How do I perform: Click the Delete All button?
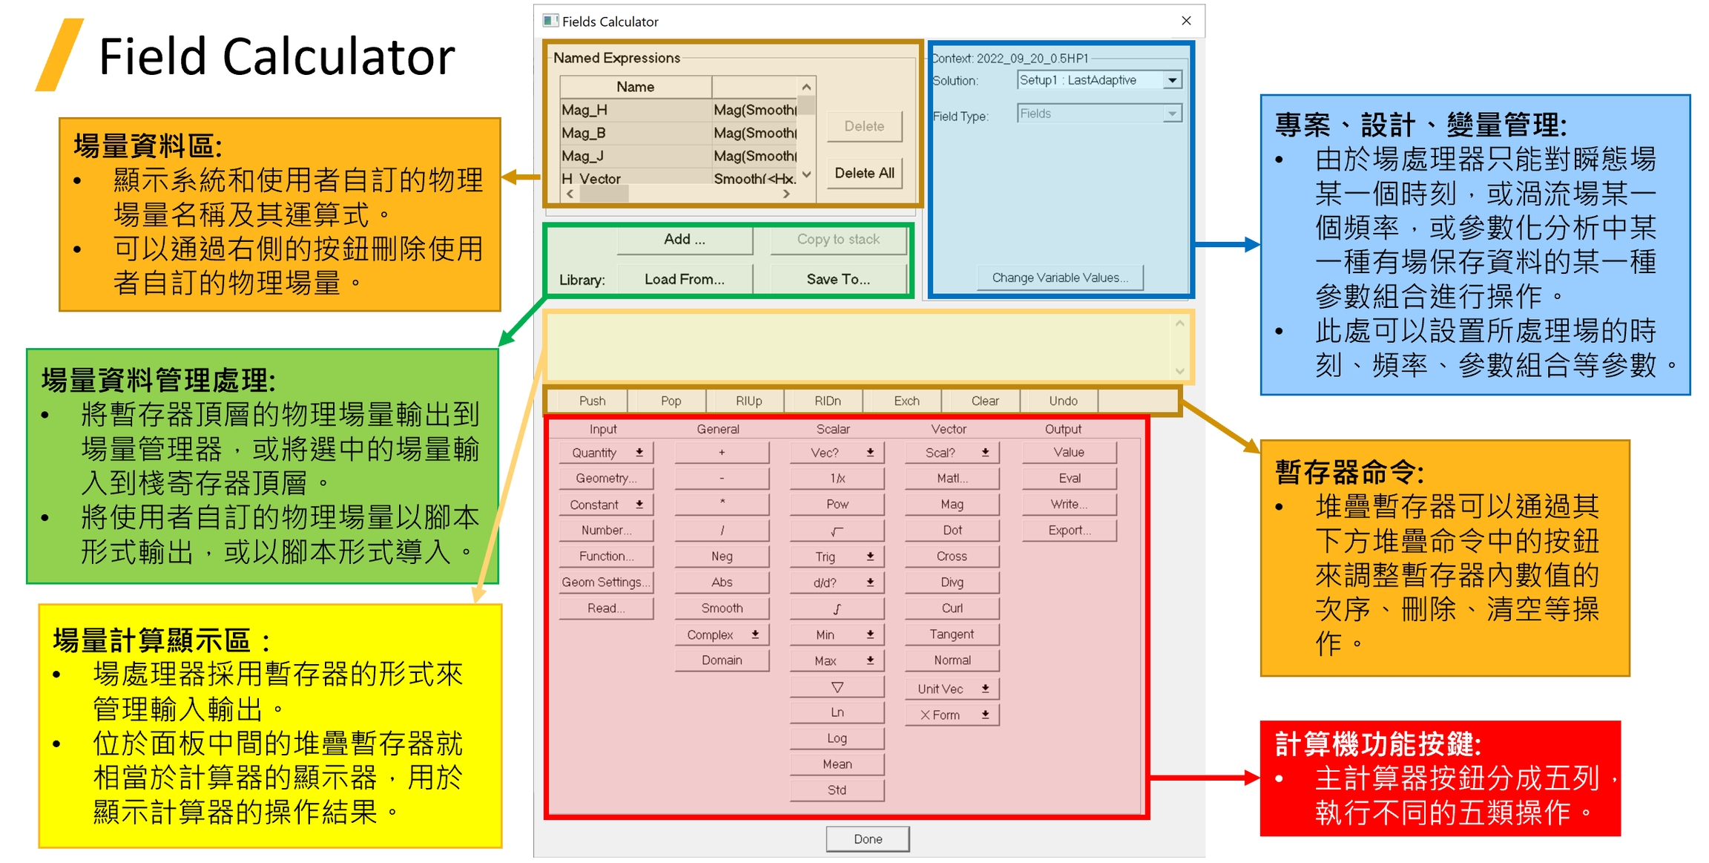pyautogui.click(x=864, y=173)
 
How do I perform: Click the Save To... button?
pyautogui.click(x=837, y=279)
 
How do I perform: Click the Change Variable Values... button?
pyautogui.click(x=1059, y=278)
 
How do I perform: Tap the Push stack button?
pyautogui.click(x=592, y=401)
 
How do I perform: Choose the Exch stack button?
pyautogui.click(x=906, y=401)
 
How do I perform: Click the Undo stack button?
pyautogui.click(x=1062, y=401)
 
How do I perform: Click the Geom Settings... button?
pyautogui.click(x=605, y=583)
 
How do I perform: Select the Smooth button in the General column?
pyautogui.click(x=721, y=608)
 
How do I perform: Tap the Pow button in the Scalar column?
pyautogui.click(x=837, y=505)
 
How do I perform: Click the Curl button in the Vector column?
pyautogui.click(x=952, y=608)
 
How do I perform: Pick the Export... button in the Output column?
pyautogui.click(x=1068, y=531)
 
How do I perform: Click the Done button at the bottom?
pyautogui.click(x=867, y=839)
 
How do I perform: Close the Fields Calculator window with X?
pyautogui.click(x=1186, y=21)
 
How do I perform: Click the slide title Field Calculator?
pyautogui.click(x=276, y=57)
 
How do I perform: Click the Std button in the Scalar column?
pyautogui.click(x=837, y=790)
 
